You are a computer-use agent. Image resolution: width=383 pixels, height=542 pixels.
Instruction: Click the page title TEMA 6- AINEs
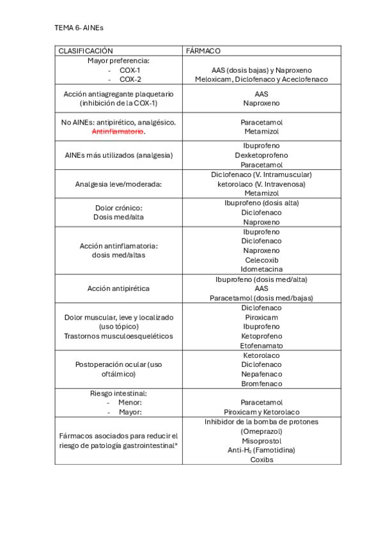[79, 29]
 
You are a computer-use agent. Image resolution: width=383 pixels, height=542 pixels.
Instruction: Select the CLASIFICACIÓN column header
[86, 50]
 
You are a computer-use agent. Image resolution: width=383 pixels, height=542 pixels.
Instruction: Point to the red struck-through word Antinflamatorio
[118, 131]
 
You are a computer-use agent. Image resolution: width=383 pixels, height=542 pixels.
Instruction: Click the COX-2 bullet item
[130, 79]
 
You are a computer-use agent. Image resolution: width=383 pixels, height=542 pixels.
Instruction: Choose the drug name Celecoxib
[261, 260]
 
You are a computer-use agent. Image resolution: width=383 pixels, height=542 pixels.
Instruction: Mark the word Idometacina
[261, 270]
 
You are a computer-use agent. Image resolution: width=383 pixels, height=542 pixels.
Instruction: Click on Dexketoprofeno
[261, 155]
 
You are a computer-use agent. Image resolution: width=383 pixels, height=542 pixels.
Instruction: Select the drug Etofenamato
[261, 345]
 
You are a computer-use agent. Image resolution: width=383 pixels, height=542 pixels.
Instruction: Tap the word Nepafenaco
[261, 374]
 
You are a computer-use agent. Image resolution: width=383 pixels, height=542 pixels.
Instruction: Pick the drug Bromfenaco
[261, 383]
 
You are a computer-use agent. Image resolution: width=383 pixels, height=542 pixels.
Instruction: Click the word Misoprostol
[261, 441]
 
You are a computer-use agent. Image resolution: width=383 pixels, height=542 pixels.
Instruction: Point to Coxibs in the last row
[261, 460]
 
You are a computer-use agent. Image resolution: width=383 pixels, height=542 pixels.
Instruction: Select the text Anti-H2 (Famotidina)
[261, 450]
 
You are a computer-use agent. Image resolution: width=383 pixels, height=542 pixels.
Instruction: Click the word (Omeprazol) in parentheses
[261, 431]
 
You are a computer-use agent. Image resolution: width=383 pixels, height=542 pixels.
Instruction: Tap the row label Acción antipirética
[118, 288]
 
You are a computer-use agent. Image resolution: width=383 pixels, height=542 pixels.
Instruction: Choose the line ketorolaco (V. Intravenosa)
[261, 183]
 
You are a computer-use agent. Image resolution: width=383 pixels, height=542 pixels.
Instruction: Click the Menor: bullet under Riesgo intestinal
[130, 403]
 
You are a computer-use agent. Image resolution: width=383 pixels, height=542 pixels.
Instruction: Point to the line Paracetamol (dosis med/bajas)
[261, 298]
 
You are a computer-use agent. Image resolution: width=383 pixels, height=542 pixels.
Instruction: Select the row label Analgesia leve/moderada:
[118, 183]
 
